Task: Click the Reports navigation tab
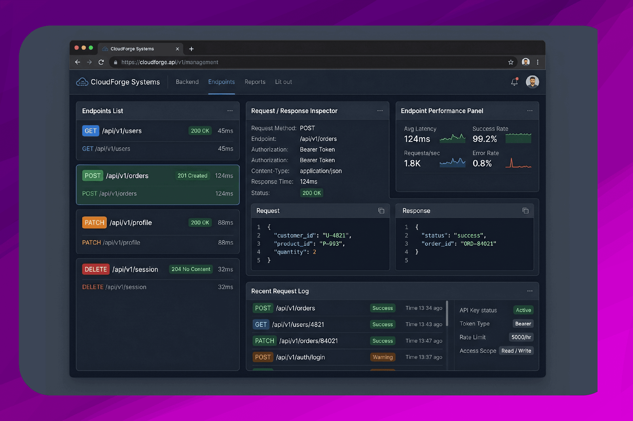point(255,82)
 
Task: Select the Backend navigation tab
point(187,82)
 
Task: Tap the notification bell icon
point(514,82)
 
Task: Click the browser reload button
point(101,62)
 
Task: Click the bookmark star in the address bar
point(511,62)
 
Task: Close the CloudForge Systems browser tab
point(178,49)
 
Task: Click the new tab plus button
point(191,49)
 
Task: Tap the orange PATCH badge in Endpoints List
point(95,223)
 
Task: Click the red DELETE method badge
point(96,269)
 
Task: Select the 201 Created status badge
point(192,176)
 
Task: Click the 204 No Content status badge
point(191,269)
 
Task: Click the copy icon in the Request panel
point(381,211)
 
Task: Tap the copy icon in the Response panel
point(525,211)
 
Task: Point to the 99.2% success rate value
point(485,139)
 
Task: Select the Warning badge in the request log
point(383,357)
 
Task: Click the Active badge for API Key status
point(523,310)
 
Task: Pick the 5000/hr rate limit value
point(521,337)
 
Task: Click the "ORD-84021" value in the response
point(478,244)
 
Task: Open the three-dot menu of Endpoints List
point(230,111)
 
